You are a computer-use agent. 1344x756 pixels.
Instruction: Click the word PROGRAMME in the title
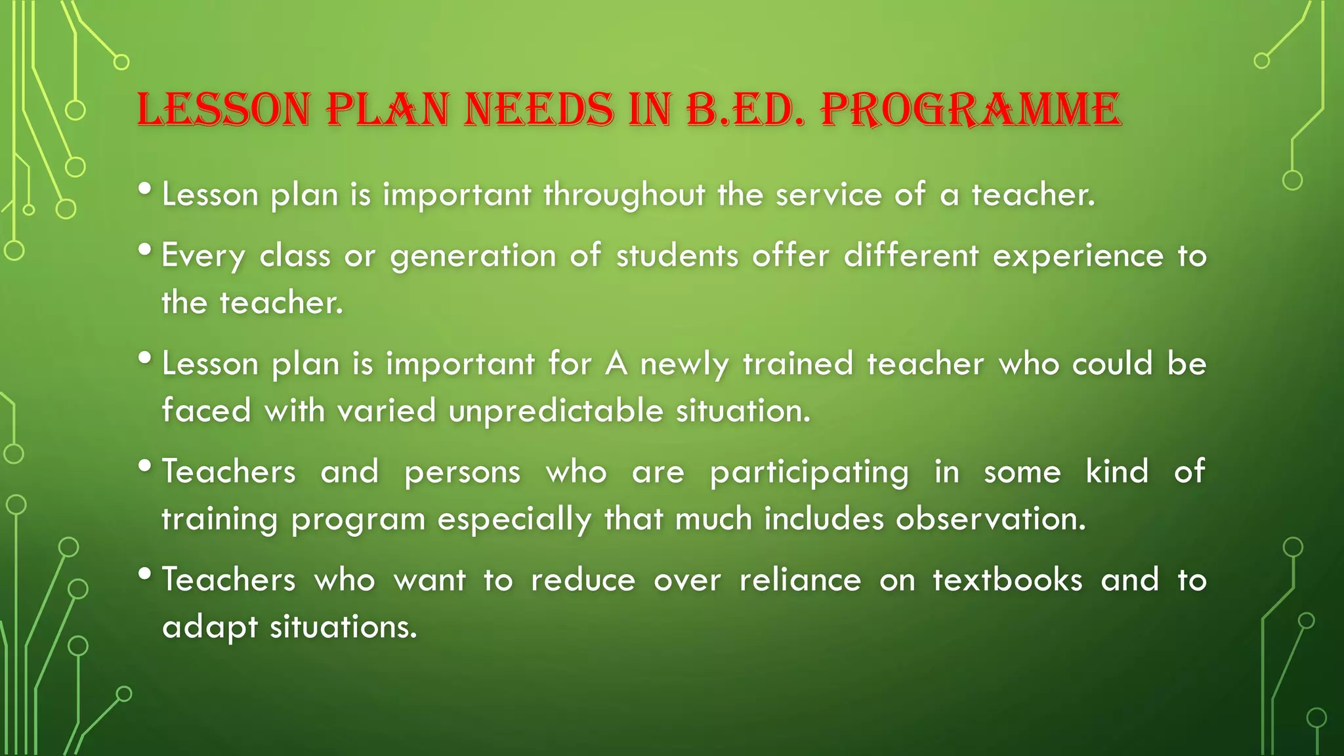coord(971,110)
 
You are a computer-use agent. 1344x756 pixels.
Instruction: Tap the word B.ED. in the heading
coord(745,110)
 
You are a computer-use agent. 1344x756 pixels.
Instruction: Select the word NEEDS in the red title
coord(539,110)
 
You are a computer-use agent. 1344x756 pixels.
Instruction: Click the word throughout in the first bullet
coord(624,196)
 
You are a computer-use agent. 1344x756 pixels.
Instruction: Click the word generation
coord(473,257)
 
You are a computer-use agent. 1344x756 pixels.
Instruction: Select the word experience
coord(1078,257)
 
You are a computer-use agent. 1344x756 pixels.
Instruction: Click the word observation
coord(991,520)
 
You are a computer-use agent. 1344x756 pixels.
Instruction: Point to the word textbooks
coord(1007,581)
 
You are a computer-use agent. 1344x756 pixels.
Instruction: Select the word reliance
coord(800,581)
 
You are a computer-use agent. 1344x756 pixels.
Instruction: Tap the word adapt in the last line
coord(210,628)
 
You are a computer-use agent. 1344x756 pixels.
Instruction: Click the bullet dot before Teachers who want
coord(146,574)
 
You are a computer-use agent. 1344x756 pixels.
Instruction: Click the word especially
coord(514,520)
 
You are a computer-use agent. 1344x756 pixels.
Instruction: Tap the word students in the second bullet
coord(677,257)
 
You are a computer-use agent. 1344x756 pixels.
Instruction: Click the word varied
coord(387,411)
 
